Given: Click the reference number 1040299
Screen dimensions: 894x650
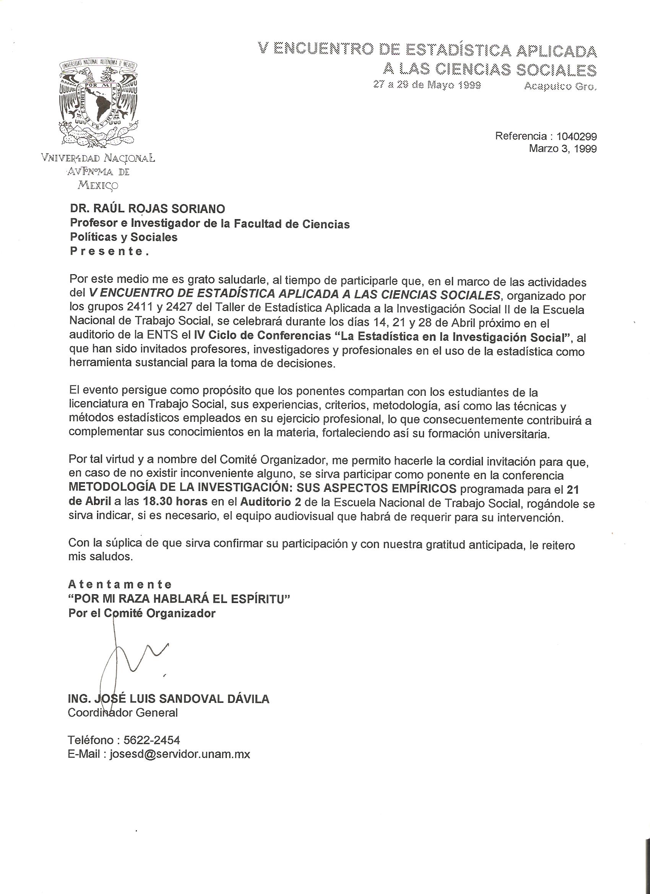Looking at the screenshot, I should click(576, 137).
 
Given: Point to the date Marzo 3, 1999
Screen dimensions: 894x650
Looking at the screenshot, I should click(562, 149).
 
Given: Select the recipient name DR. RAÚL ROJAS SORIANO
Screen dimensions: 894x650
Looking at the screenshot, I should click(148, 208).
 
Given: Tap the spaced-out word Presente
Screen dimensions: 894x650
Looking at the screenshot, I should click(110, 252).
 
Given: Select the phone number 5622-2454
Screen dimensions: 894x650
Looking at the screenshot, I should click(152, 740).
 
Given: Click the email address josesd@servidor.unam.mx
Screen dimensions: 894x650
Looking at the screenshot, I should click(180, 754).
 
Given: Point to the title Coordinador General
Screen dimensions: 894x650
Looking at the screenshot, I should click(123, 713).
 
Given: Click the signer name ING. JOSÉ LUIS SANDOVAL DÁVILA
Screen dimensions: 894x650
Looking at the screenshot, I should click(169, 699).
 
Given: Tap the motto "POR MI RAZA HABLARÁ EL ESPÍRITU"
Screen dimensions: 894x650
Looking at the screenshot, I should click(179, 599).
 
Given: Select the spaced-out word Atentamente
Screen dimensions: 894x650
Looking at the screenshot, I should click(120, 584).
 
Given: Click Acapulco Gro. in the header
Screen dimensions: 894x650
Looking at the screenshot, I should click(560, 86).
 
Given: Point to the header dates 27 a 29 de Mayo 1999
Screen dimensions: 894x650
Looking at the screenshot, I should click(427, 85).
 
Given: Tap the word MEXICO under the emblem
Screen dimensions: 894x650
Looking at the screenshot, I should click(97, 185).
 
